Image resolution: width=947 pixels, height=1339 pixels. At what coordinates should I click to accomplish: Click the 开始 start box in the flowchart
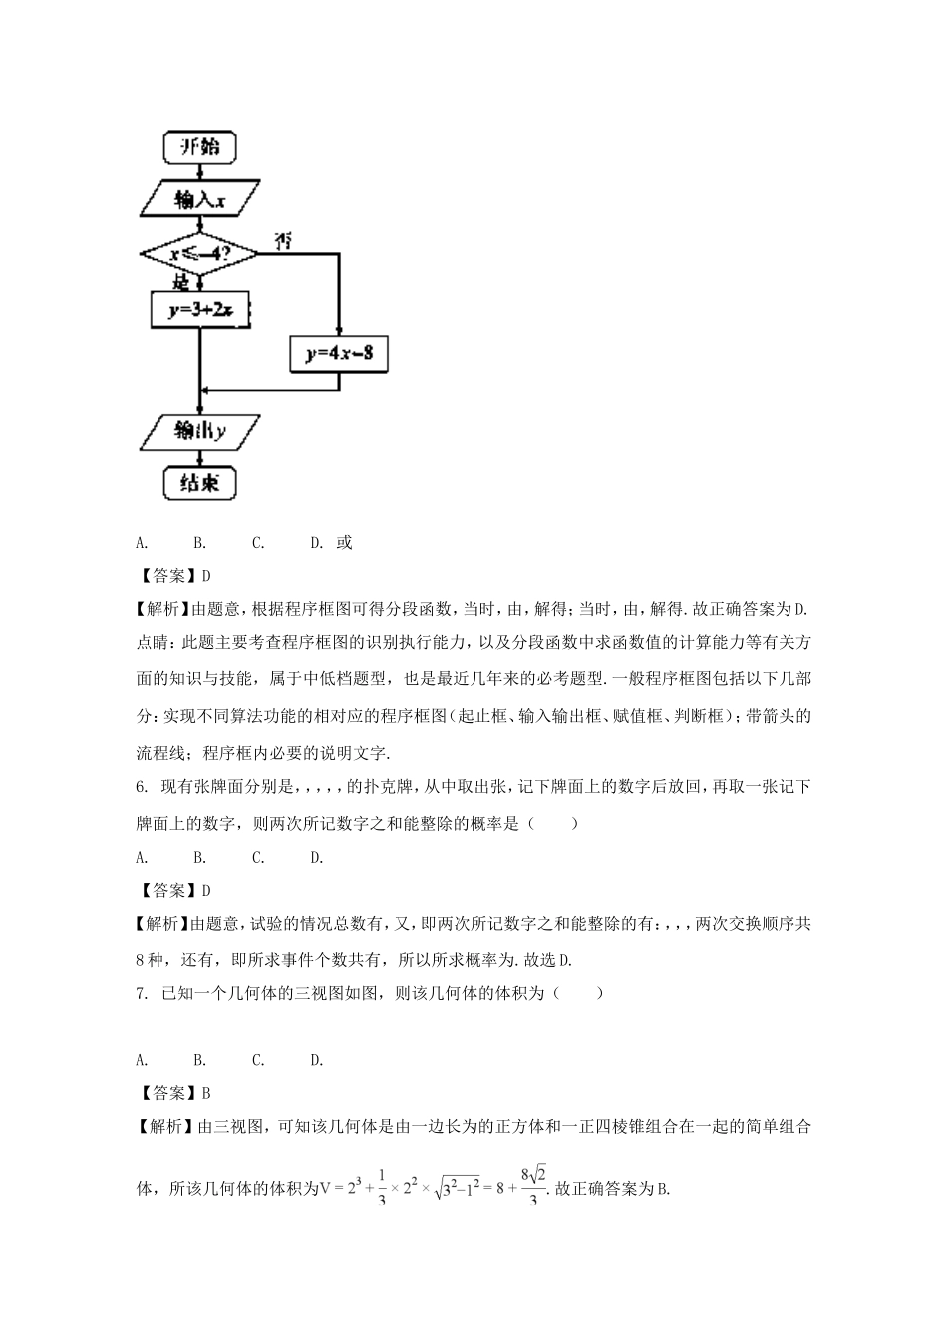[x=199, y=147]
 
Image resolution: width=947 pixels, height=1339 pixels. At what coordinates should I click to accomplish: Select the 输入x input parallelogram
[x=199, y=199]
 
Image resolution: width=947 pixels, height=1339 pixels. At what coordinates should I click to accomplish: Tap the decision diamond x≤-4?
[x=199, y=254]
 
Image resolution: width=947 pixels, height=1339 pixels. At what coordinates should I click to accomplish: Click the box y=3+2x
[x=199, y=310]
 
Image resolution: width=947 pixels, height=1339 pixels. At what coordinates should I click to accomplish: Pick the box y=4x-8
[x=339, y=353]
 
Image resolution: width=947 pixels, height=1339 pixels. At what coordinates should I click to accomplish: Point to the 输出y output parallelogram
[x=199, y=430]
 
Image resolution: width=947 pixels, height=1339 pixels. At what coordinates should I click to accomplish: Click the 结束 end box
[x=199, y=483]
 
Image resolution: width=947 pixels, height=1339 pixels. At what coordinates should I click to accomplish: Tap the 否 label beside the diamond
[x=283, y=241]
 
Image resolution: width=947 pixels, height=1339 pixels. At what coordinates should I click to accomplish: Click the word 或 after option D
[x=344, y=543]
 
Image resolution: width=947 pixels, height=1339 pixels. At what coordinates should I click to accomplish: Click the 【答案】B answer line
[x=173, y=1093]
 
